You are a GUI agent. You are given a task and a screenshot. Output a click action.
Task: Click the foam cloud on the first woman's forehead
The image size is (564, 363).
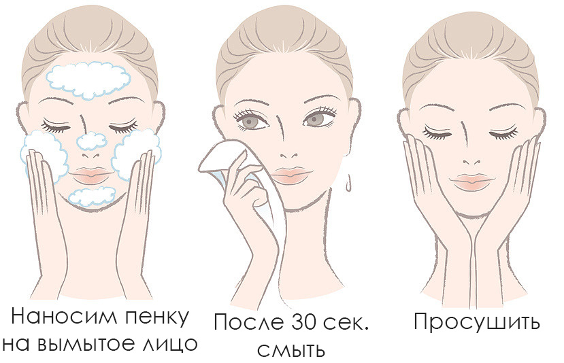[x=88, y=80]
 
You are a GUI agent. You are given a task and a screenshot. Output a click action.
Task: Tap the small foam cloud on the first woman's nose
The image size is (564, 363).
[x=92, y=141]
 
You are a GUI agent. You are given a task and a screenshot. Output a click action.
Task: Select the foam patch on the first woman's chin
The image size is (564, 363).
[x=92, y=196]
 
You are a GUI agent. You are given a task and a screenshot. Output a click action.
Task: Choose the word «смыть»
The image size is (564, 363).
[x=291, y=349]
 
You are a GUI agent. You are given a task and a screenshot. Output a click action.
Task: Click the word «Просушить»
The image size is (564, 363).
[x=477, y=322]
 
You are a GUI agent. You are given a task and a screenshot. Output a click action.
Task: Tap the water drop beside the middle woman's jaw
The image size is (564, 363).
[x=348, y=184]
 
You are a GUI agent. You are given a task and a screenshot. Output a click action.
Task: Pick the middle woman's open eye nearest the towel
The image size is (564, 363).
[x=254, y=122]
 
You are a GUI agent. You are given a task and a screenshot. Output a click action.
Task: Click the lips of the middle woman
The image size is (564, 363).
[x=291, y=175]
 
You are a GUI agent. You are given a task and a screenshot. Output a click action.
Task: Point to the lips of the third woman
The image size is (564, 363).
[x=472, y=182]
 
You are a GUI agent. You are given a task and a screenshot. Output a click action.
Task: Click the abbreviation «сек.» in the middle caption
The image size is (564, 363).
[x=346, y=322]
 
